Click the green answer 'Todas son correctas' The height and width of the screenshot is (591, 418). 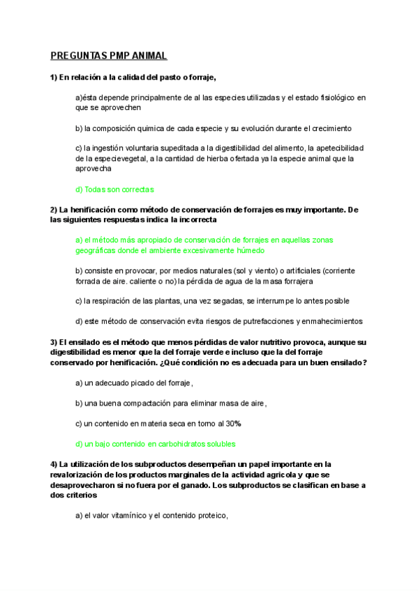(114, 190)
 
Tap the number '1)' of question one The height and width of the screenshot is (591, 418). (54, 77)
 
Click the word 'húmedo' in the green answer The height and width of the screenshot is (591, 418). (248, 250)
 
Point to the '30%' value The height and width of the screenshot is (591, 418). (232, 424)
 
